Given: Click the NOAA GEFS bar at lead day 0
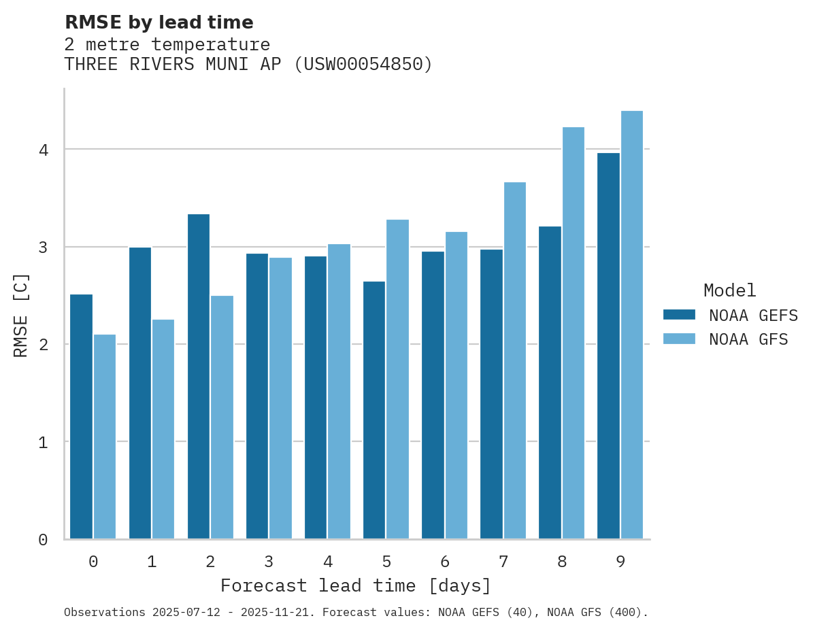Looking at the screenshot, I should tap(81, 416).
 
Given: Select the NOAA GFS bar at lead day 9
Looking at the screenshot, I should tap(631, 325).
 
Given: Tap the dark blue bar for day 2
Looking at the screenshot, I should tap(199, 377).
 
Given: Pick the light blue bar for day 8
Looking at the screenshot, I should tap(573, 333).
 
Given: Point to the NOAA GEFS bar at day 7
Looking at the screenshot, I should tap(491, 394).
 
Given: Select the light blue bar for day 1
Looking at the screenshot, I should tap(163, 429).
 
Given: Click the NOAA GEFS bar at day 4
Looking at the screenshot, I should tap(316, 398).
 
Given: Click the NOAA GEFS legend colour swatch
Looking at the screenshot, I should tap(679, 314).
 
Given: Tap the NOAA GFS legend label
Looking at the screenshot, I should tap(748, 339).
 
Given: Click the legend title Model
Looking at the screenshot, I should tap(729, 290).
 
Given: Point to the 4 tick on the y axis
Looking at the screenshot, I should tap(43, 150).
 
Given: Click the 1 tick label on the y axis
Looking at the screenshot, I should tap(43, 442).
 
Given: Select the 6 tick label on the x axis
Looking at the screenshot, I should tap(445, 562).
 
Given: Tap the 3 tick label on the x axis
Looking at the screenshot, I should tap(269, 562).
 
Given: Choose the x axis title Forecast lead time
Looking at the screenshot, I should tap(355, 585).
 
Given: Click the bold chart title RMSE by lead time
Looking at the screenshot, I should tap(159, 22).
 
